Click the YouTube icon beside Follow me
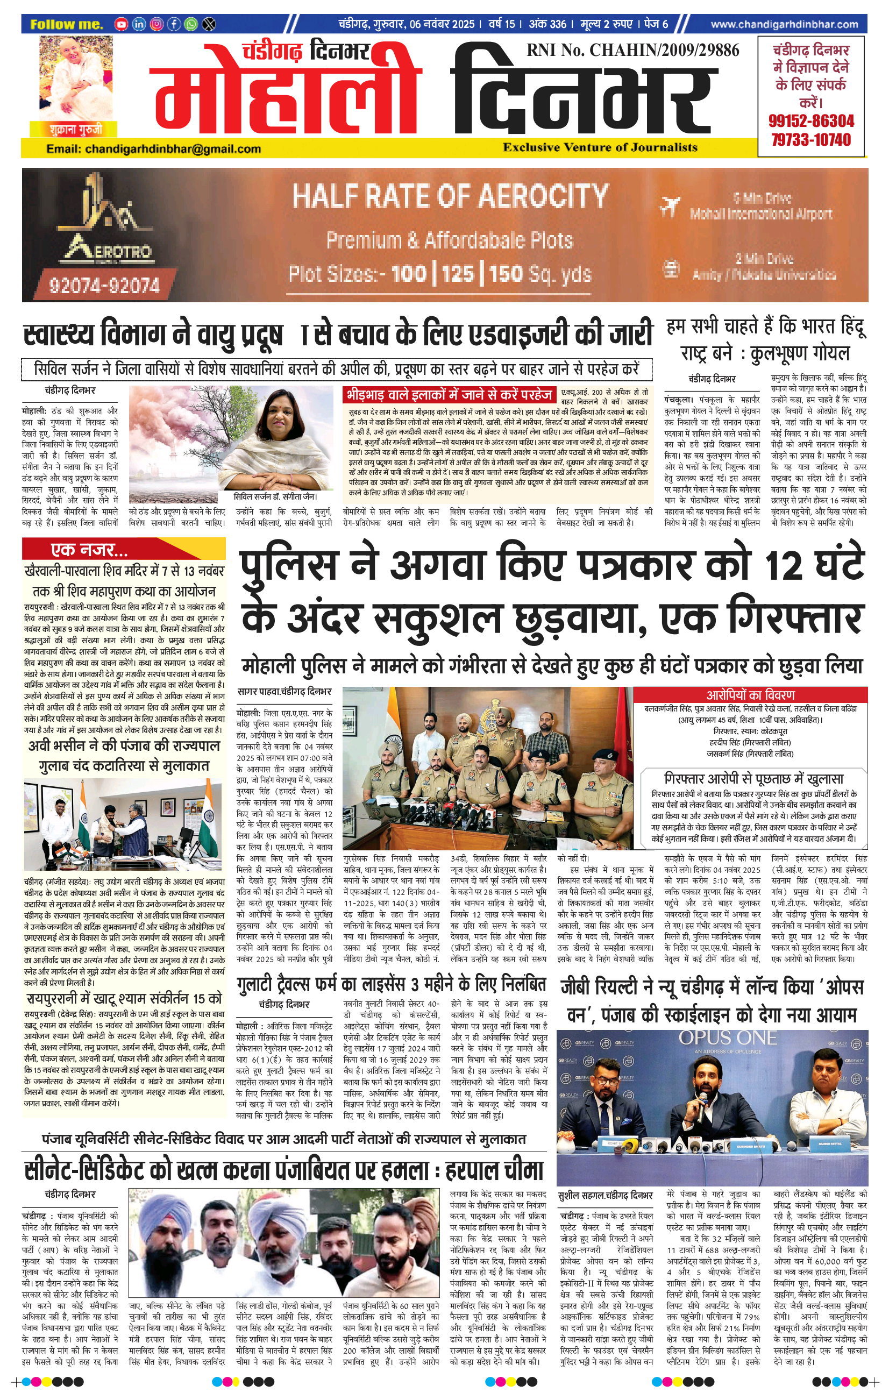click(x=121, y=24)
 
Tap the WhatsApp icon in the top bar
click(x=191, y=24)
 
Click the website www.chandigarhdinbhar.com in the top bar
click(x=784, y=24)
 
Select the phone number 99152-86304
click(x=811, y=122)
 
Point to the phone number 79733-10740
click(x=811, y=140)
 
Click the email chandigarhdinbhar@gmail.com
click(x=153, y=149)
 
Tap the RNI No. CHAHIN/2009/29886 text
click(x=632, y=51)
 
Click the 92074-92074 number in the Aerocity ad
click(x=104, y=285)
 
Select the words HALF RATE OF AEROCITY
click(x=450, y=196)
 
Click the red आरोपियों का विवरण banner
click(x=750, y=695)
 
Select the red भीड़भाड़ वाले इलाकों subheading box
click(x=449, y=395)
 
